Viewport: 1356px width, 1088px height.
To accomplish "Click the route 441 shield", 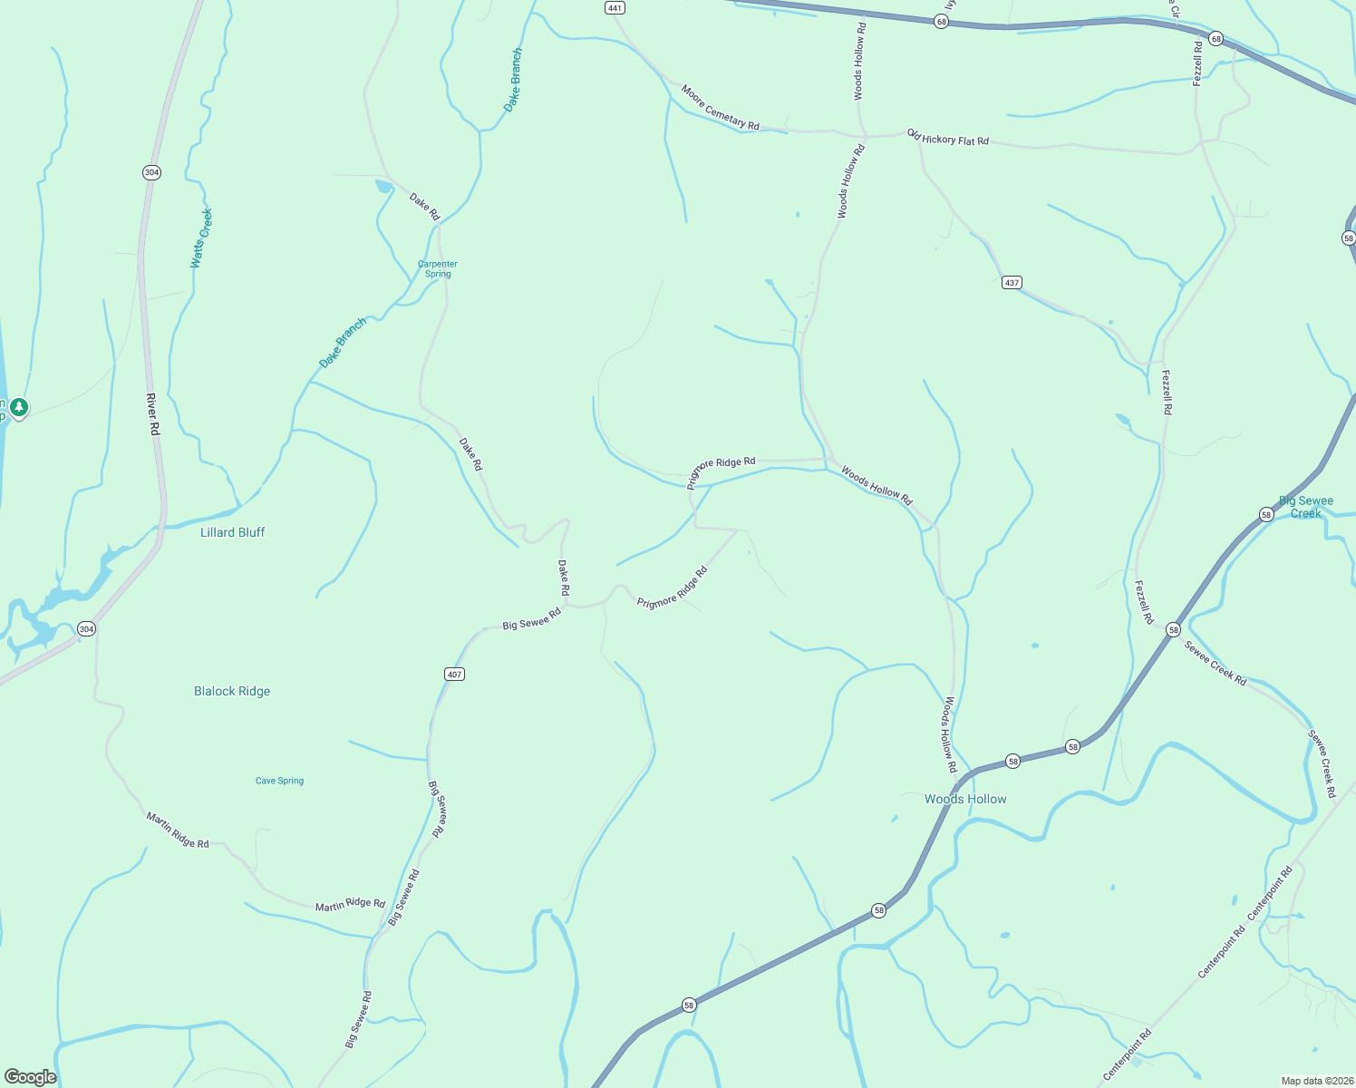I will [615, 7].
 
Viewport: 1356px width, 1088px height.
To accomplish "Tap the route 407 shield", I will [454, 674].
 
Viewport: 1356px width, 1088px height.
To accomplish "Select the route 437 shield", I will [1012, 282].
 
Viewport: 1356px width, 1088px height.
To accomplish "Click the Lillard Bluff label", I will [232, 532].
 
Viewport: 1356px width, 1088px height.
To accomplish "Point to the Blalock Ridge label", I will [232, 691].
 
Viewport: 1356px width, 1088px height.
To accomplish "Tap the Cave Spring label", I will [279, 781].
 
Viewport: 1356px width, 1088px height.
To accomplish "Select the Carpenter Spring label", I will [438, 268].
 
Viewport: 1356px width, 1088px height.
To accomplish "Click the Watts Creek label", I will [201, 238].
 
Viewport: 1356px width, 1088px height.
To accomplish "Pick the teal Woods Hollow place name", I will [965, 799].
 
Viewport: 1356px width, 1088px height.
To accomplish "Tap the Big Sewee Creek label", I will [1306, 507].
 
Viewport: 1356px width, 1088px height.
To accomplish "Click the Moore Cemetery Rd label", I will [721, 107].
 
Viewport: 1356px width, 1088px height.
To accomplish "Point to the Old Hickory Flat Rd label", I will [948, 137].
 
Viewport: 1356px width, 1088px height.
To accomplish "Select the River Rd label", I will [153, 414].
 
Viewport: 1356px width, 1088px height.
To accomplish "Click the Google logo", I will [31, 1076].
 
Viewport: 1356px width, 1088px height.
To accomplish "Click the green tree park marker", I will [18, 407].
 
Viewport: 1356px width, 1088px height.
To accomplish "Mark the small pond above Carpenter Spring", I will [384, 187].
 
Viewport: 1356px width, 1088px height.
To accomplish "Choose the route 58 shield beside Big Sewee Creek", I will [1266, 514].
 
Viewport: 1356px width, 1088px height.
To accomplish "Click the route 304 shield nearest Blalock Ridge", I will [86, 628].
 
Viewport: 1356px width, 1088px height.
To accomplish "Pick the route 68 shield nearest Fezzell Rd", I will [1216, 39].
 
